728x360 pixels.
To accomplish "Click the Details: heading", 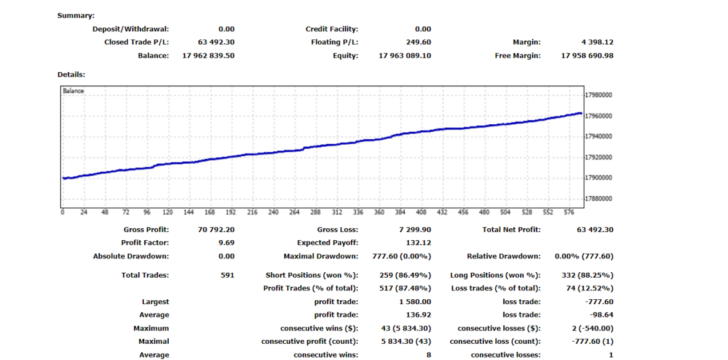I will point(71,75).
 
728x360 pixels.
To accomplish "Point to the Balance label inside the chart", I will point(73,91).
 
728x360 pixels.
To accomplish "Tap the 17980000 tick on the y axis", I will point(598,95).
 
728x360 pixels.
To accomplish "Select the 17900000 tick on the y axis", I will point(598,178).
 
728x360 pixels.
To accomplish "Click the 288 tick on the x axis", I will point(316,213).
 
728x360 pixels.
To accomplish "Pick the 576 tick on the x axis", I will point(569,213).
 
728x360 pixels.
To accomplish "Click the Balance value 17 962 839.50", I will point(208,56).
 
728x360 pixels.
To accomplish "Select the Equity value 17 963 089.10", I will point(405,56).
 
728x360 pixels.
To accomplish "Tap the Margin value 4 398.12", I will point(597,43).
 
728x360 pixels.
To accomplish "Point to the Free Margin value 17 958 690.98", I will point(587,56).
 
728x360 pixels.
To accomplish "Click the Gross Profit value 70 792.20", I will point(216,230).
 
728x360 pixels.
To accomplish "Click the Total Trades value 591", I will point(227,275).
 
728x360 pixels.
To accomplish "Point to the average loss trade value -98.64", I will point(602,315).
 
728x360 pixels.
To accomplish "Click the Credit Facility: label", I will point(331,29).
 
